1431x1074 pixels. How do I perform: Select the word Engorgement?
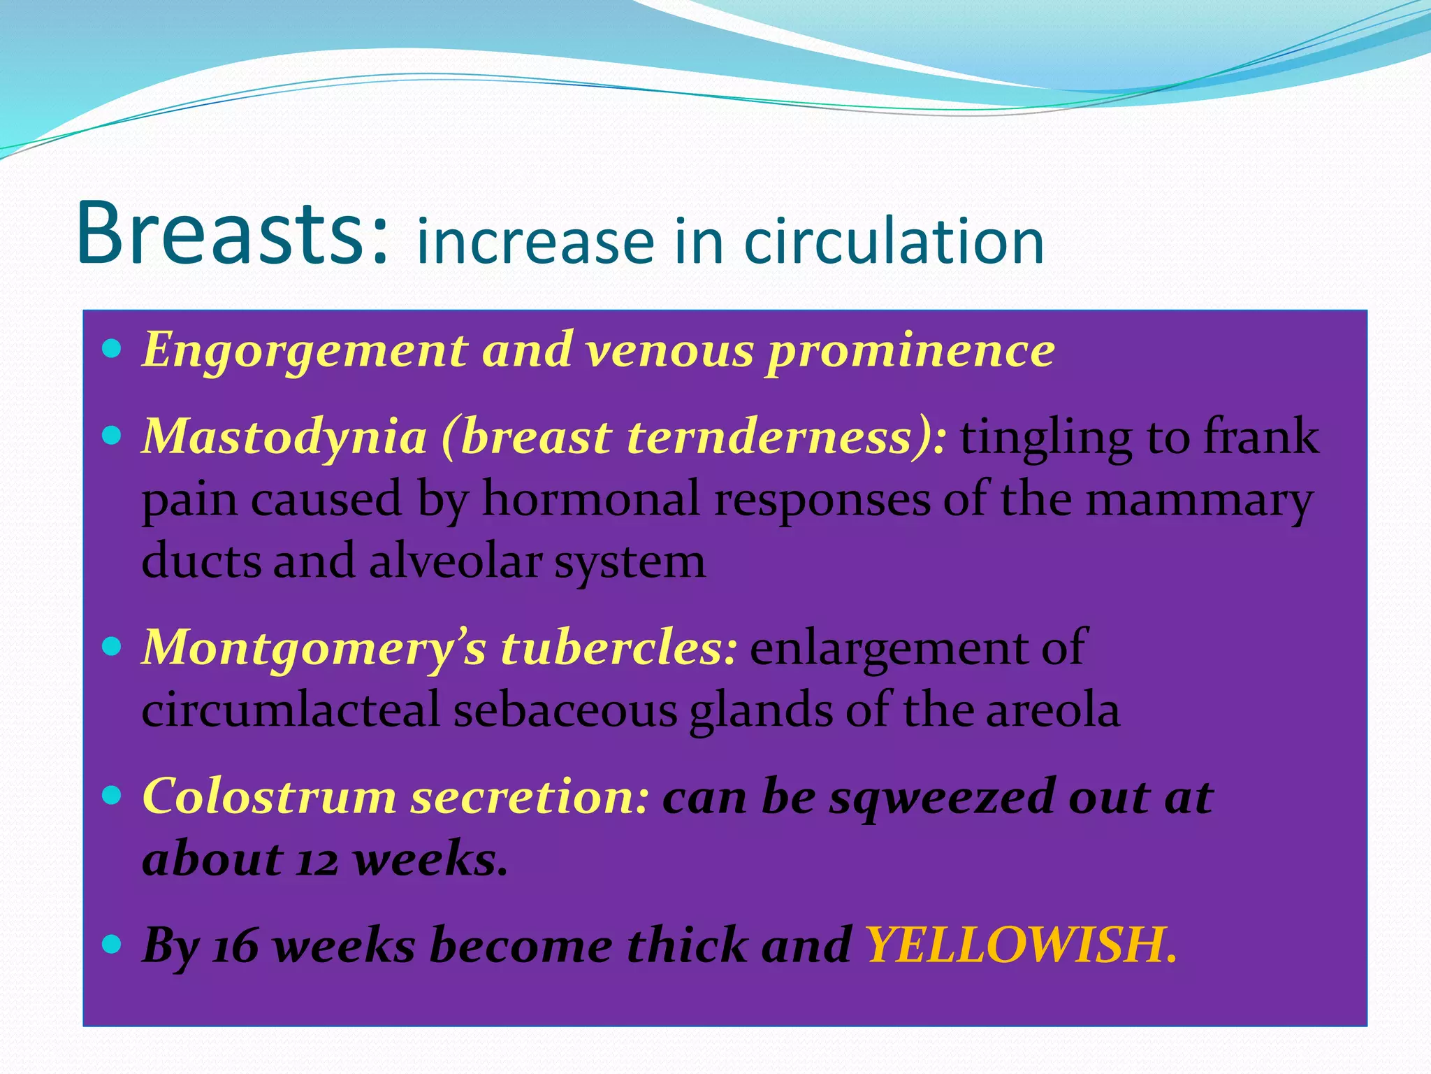click(305, 351)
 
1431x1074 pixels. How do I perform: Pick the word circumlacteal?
click(291, 710)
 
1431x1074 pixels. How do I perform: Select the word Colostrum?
click(269, 797)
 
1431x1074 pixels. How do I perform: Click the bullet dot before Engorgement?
click(112, 348)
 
